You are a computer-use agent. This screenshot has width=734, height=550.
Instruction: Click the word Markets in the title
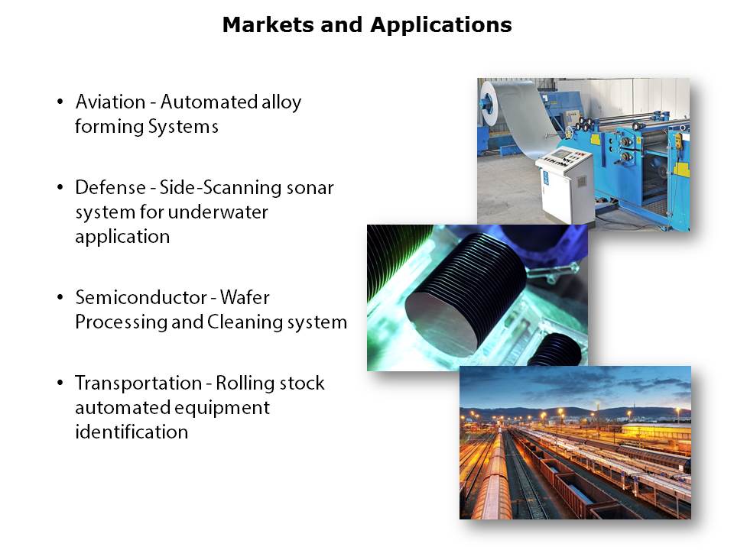click(x=268, y=24)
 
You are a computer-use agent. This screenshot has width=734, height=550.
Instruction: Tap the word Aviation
click(x=110, y=102)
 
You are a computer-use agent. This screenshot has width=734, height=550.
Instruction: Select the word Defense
click(x=110, y=188)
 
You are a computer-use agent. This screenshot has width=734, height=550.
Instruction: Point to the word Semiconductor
click(x=141, y=297)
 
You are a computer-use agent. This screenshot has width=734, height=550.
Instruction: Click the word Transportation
click(x=138, y=383)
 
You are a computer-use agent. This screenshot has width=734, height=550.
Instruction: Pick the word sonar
click(x=310, y=188)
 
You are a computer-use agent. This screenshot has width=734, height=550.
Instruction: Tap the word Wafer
click(x=245, y=297)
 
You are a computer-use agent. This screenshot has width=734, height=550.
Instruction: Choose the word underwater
click(x=218, y=212)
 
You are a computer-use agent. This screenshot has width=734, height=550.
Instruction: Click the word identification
click(x=132, y=432)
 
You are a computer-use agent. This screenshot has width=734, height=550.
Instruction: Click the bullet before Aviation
click(x=60, y=102)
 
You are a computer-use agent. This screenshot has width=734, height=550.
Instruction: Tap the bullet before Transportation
click(x=60, y=383)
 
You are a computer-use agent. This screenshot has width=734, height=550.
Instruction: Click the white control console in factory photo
click(x=564, y=183)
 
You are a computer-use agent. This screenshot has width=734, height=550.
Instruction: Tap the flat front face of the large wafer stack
click(x=443, y=322)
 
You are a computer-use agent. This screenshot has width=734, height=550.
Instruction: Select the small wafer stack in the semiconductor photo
click(x=556, y=348)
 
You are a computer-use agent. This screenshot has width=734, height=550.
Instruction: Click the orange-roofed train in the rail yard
click(x=492, y=482)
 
